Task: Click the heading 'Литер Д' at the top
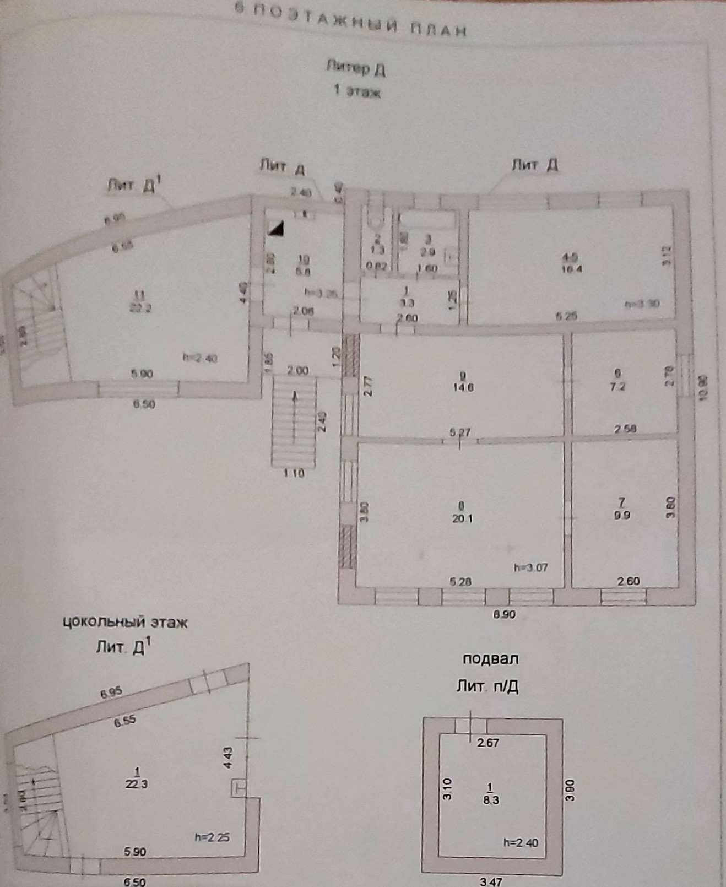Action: [355, 68]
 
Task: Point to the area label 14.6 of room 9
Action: [463, 387]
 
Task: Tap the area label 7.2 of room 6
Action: [618, 387]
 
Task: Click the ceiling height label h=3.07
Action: [530, 567]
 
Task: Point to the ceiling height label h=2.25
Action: [212, 837]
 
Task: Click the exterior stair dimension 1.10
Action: [293, 473]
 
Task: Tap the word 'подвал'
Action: [490, 659]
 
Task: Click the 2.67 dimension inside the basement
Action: [488, 743]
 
